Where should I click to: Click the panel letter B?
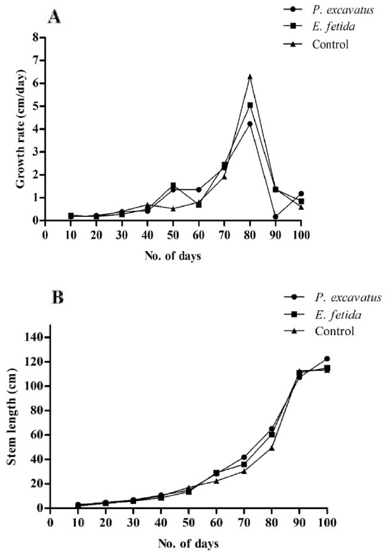(57, 297)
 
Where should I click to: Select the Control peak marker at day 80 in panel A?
(250, 76)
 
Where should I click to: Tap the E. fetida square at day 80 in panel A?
(250, 105)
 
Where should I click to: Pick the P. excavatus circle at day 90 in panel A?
(275, 217)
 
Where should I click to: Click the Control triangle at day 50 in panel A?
(173, 209)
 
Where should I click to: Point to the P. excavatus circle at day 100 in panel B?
(327, 359)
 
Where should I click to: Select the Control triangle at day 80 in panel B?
(272, 448)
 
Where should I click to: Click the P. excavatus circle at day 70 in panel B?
(244, 457)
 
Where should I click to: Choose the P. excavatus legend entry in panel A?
(342, 10)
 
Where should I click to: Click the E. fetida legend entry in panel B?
(337, 315)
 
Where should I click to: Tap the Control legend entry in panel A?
(330, 44)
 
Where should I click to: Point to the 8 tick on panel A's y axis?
(36, 38)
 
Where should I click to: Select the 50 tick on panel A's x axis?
(173, 235)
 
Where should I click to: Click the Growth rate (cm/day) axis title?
(21, 129)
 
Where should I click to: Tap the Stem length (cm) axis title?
(12, 418)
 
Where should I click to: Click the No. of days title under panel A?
(173, 256)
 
